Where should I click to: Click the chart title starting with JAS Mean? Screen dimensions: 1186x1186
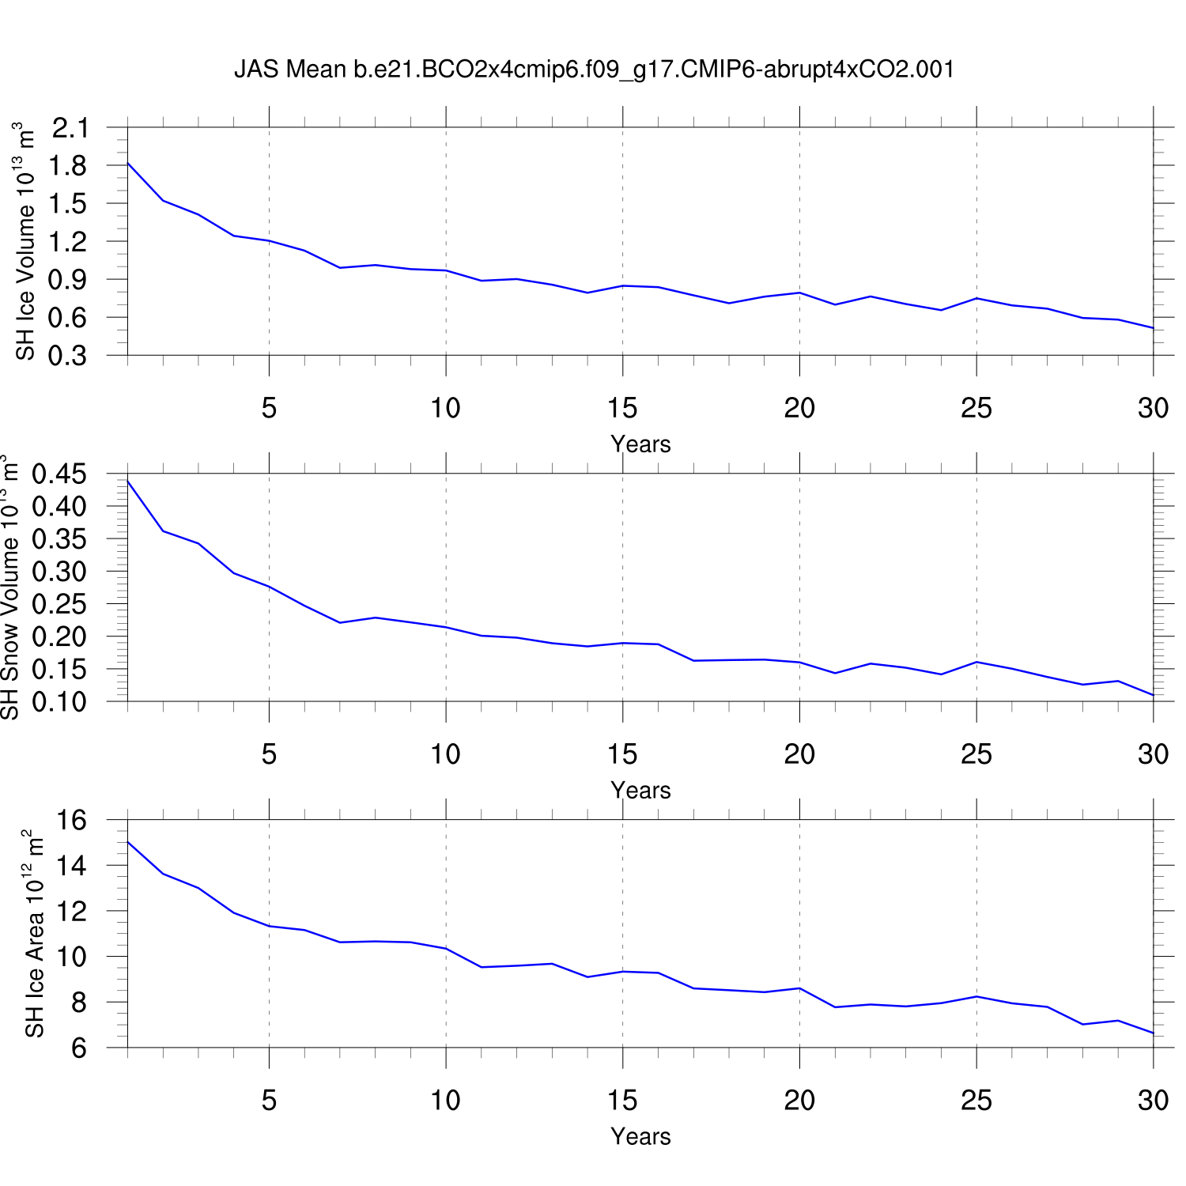pyautogui.click(x=594, y=70)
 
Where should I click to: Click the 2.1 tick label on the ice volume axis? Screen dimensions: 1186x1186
pyautogui.click(x=71, y=127)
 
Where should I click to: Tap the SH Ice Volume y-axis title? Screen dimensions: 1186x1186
pyautogui.click(x=26, y=241)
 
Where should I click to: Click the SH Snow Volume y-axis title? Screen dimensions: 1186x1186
pyautogui.click(x=9, y=587)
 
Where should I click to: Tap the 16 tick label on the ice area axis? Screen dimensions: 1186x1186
pyautogui.click(x=73, y=821)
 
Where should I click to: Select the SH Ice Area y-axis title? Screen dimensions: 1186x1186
pyautogui.click(x=34, y=934)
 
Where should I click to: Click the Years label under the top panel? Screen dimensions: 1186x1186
pyautogui.click(x=640, y=444)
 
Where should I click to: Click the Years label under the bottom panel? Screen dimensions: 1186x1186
pyautogui.click(x=640, y=1136)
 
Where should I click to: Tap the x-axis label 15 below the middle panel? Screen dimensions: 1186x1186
pyautogui.click(x=622, y=754)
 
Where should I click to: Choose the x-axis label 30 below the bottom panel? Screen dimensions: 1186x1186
pyautogui.click(x=1153, y=1100)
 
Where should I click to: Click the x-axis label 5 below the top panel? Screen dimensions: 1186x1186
pyautogui.click(x=270, y=408)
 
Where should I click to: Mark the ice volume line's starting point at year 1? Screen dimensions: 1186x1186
pyautogui.click(x=128, y=163)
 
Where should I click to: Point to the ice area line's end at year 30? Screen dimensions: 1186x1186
pyautogui.click(x=1154, y=1033)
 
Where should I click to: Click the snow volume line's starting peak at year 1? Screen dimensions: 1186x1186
pyautogui.click(x=128, y=481)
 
